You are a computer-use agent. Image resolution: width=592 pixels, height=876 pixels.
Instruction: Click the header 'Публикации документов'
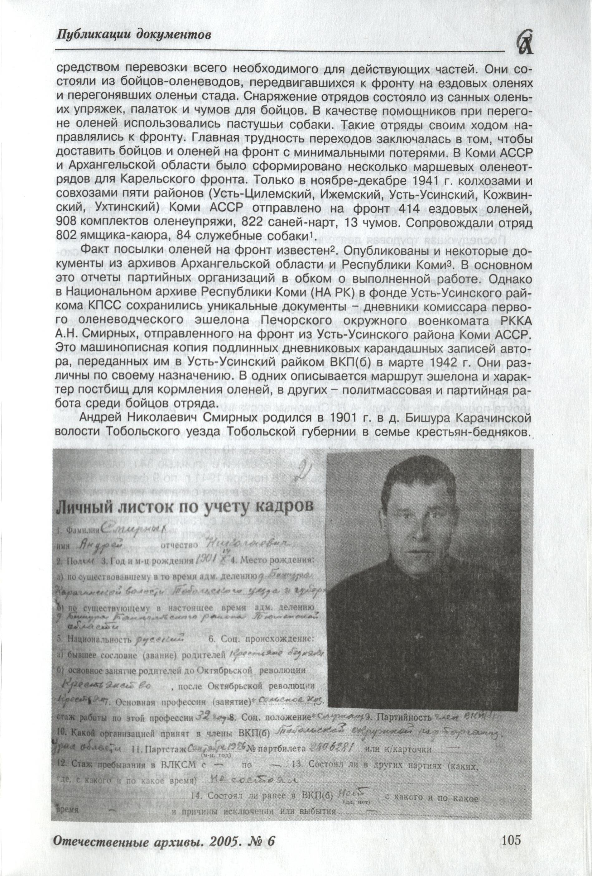tap(133, 35)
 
